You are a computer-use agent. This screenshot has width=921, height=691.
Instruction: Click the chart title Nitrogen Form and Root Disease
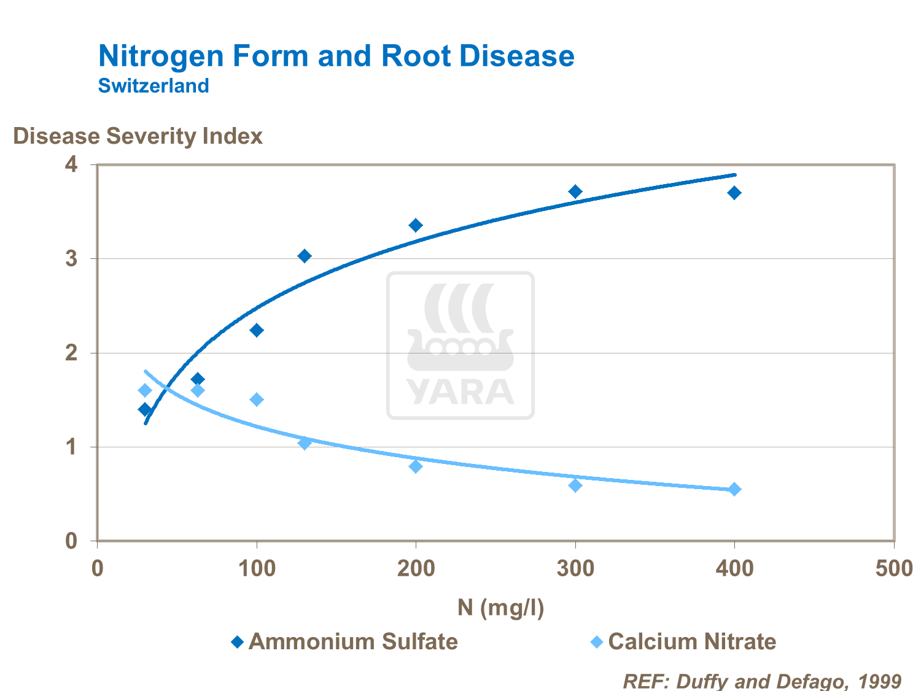[x=336, y=56]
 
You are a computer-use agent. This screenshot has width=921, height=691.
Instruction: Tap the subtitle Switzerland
[x=153, y=85]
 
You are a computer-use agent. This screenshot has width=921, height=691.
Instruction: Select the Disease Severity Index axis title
[x=138, y=136]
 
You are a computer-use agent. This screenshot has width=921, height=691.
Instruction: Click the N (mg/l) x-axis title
[x=500, y=607]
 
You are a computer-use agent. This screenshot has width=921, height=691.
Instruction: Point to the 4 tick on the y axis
[x=72, y=164]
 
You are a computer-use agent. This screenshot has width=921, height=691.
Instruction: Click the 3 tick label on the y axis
[x=72, y=258]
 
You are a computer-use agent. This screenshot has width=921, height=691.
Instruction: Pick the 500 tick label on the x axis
[x=893, y=568]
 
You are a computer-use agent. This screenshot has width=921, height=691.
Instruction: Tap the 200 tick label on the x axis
[x=416, y=568]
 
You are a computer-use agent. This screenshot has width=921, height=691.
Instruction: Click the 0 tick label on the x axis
[x=97, y=568]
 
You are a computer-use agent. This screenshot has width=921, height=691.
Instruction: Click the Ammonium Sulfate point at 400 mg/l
[x=734, y=193]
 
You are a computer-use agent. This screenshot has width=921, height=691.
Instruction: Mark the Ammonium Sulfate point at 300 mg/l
[x=575, y=191]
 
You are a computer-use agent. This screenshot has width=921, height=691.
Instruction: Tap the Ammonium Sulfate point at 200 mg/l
[x=416, y=225]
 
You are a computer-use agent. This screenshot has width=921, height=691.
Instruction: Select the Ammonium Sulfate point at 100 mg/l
[x=257, y=330]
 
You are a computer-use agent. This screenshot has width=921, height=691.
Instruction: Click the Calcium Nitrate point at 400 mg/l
[x=734, y=489]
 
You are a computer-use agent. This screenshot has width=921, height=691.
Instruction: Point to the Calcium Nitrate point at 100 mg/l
[x=257, y=400]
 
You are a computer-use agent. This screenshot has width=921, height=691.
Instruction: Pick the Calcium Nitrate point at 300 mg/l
[x=575, y=485]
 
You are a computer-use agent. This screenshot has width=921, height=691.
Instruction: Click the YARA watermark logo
[x=460, y=345]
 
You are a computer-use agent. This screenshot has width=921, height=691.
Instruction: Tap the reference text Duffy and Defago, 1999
[x=762, y=681]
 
